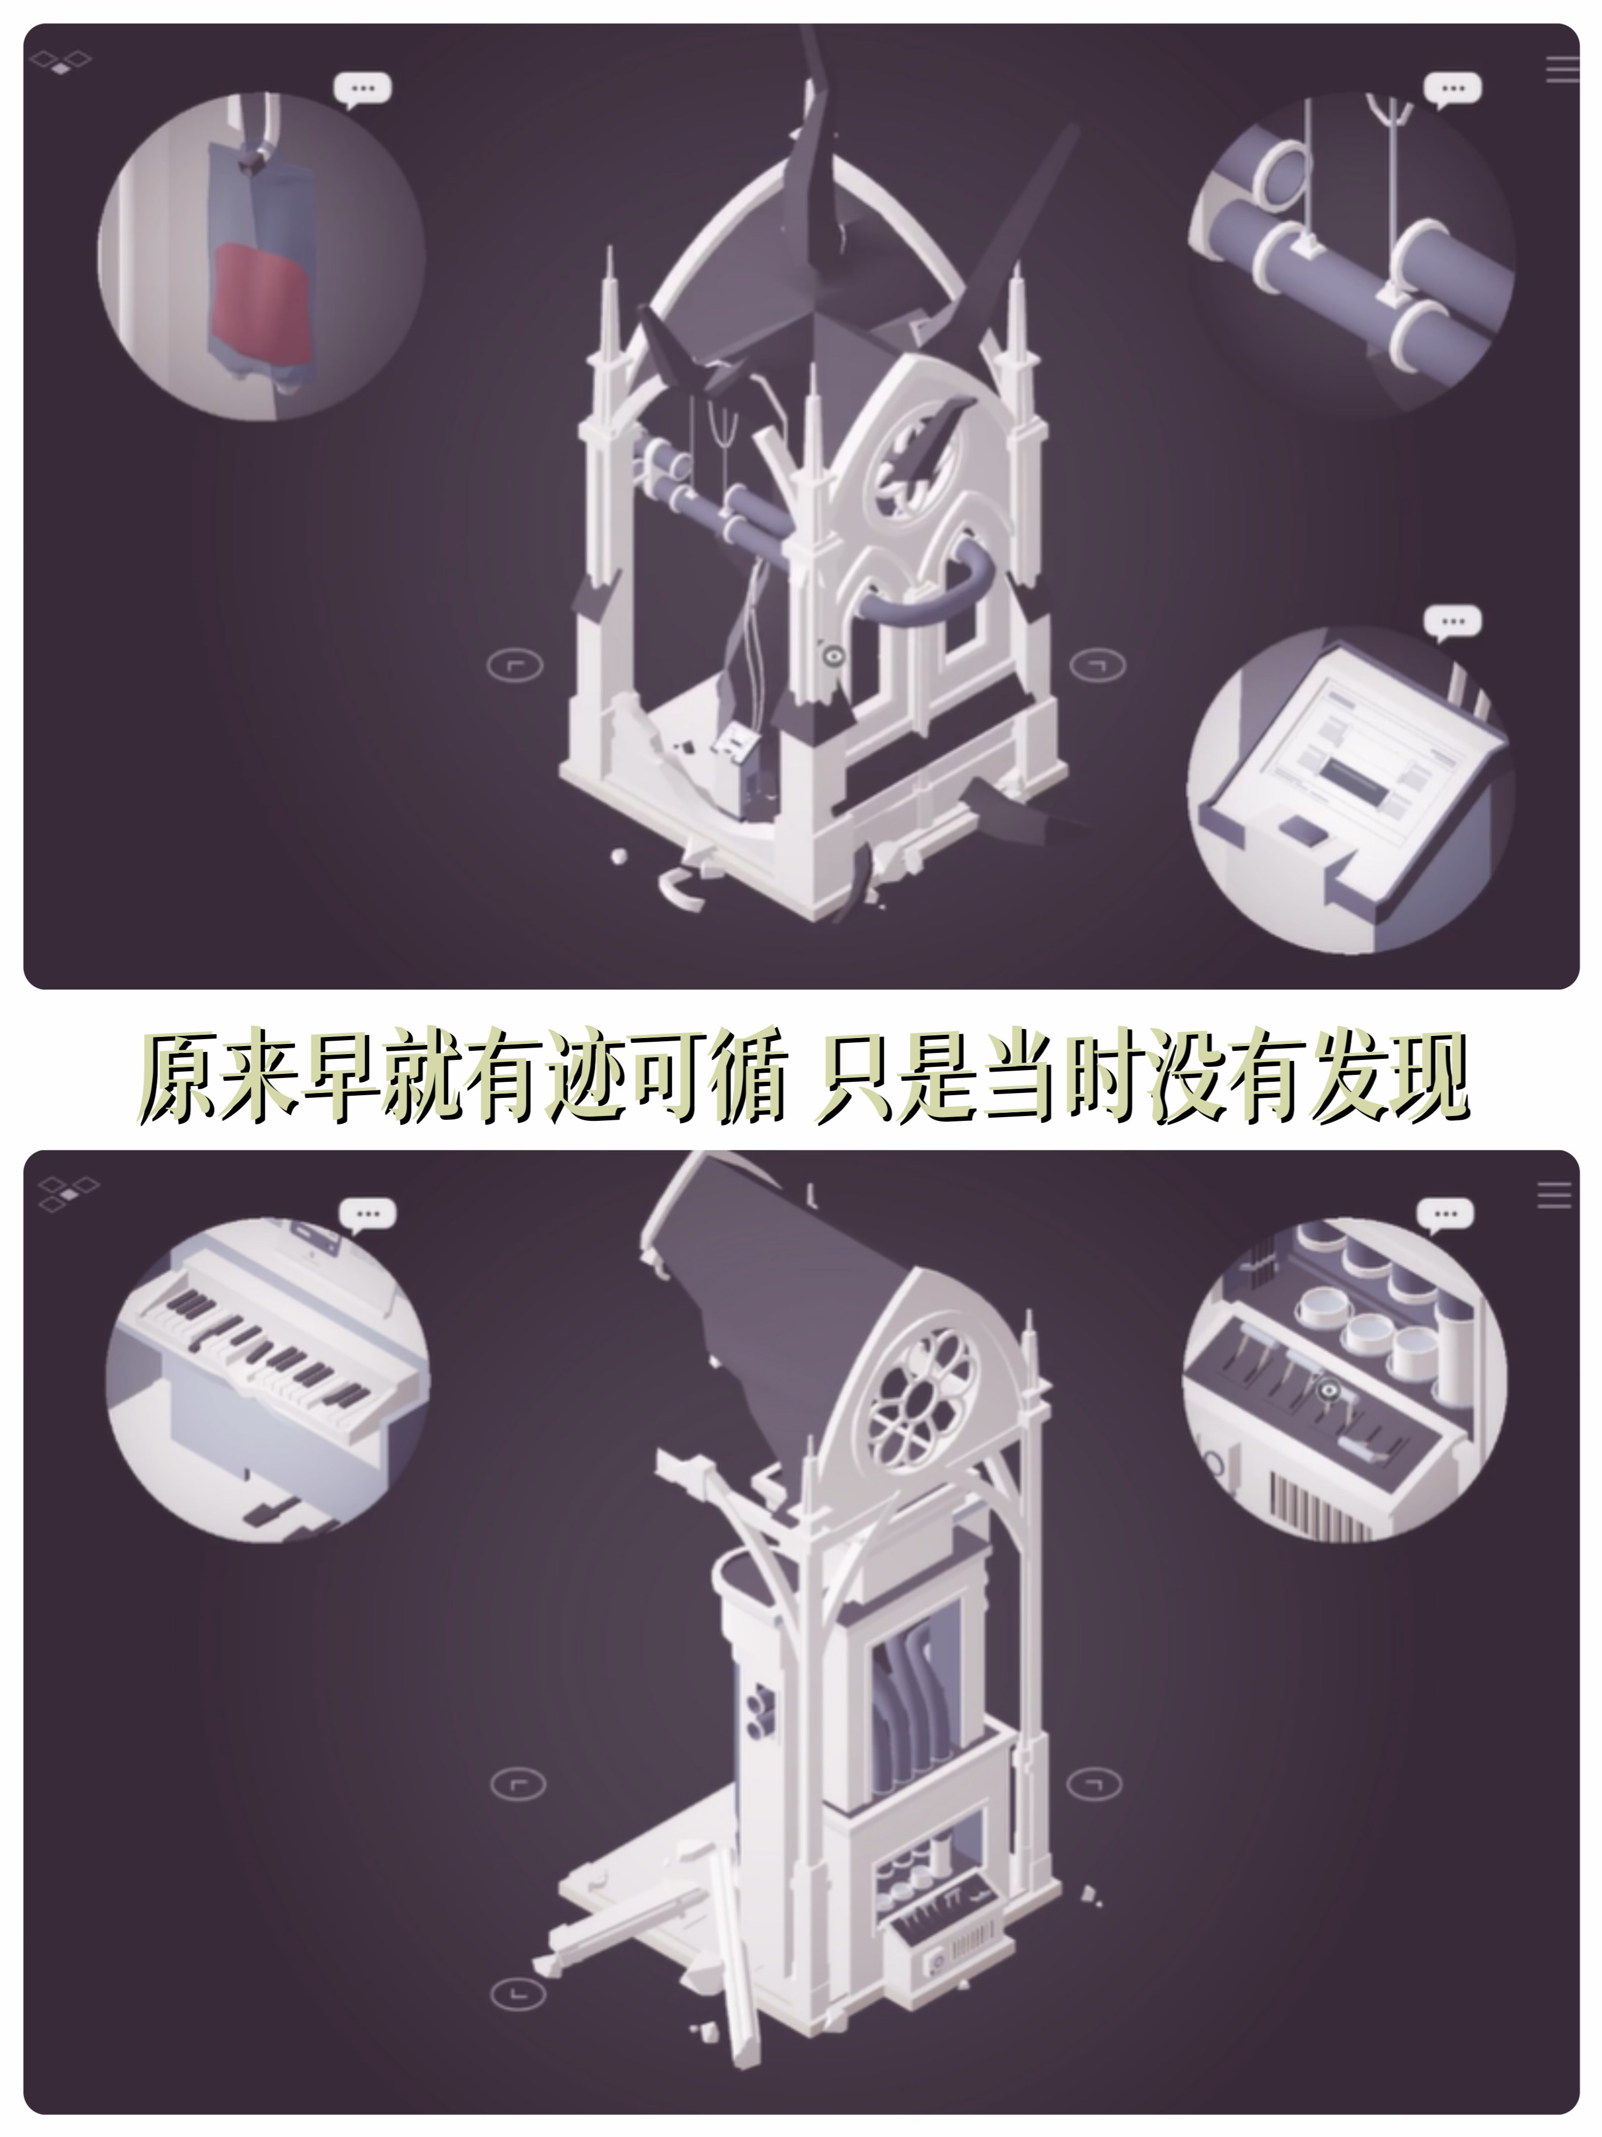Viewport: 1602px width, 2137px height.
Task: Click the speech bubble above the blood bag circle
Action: tap(363, 89)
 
